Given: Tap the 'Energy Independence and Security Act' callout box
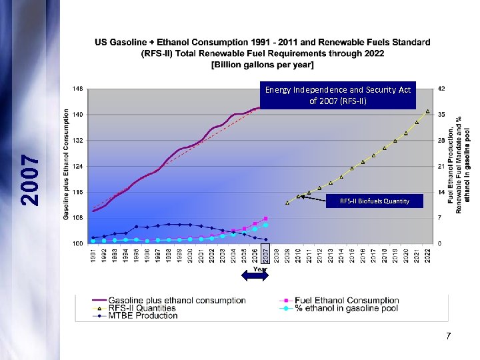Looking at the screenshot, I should click(338, 95).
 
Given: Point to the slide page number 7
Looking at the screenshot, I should click(449, 337).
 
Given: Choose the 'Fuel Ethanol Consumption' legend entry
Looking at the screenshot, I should click(347, 301).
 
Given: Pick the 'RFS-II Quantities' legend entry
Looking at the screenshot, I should click(141, 308).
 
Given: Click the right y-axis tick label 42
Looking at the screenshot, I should click(442, 89).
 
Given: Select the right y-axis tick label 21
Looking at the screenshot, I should click(442, 166).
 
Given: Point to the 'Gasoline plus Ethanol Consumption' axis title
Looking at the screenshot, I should click(67, 164).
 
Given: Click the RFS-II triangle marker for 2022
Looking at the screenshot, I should click(427, 111).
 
